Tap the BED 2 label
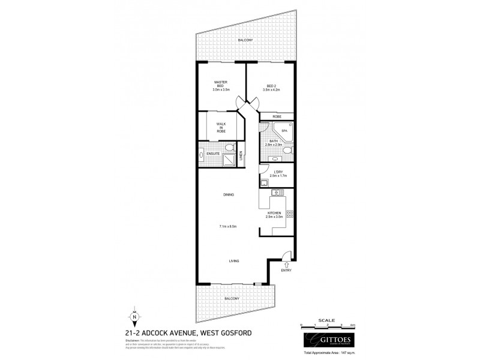coord(272,85)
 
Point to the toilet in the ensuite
coord(228,148)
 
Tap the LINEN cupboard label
coord(241,155)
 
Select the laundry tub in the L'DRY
coord(265,182)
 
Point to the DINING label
coord(227,194)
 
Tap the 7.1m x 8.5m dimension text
coord(227,226)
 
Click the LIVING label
coord(235,261)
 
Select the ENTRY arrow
coord(286,264)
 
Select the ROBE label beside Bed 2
coord(277,116)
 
